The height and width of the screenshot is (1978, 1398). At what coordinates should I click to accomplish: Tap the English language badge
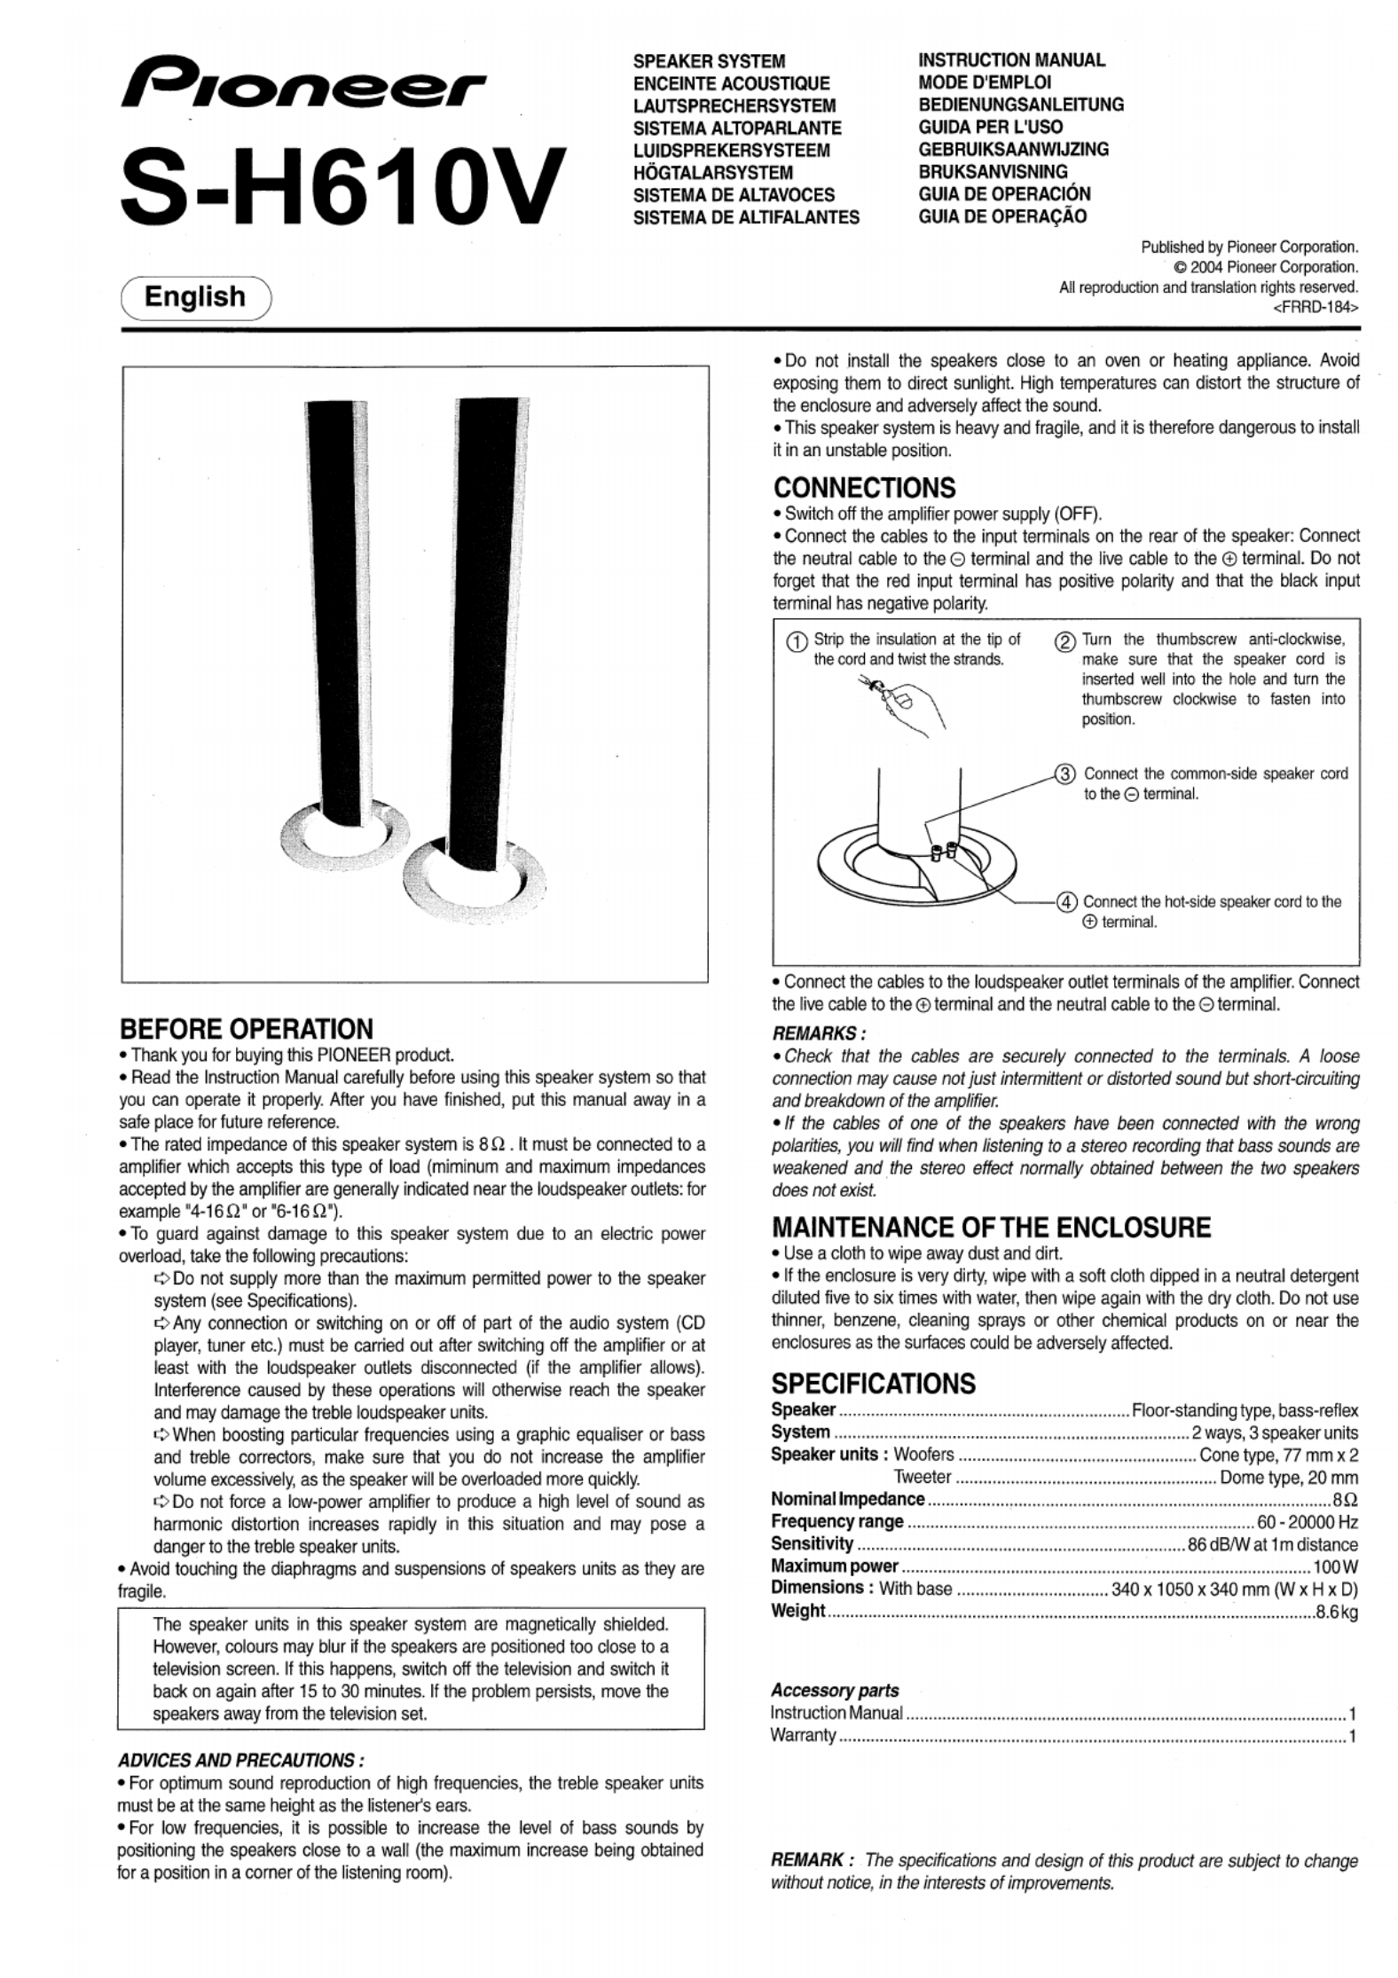point(195,296)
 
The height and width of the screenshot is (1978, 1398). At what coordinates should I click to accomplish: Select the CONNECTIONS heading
point(864,488)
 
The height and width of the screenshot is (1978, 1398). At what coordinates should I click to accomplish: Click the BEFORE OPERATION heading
point(247,1029)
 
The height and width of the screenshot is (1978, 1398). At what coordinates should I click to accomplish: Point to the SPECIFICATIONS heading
point(873,1383)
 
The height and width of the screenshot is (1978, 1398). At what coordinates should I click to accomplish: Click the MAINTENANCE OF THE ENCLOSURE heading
point(991,1228)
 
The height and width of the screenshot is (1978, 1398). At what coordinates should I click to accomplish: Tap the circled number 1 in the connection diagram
point(797,642)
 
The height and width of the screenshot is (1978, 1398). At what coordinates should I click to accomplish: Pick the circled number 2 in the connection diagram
point(1064,642)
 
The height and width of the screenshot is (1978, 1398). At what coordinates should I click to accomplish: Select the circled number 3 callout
point(1064,773)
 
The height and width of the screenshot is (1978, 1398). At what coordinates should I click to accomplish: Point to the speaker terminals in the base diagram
point(942,852)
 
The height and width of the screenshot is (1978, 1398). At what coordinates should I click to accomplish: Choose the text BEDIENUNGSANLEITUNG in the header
point(1021,105)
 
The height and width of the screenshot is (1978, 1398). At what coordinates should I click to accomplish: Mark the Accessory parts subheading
point(834,1691)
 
